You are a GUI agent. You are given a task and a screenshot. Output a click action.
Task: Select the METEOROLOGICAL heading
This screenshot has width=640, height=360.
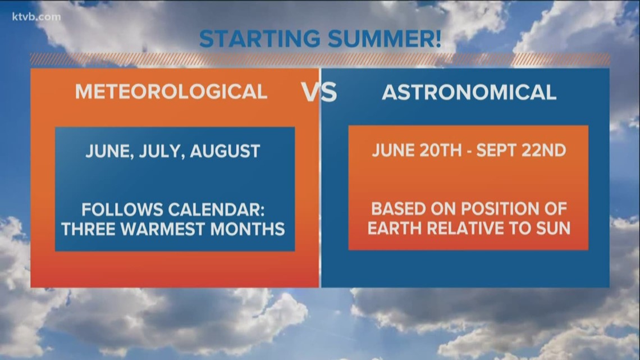(x=171, y=92)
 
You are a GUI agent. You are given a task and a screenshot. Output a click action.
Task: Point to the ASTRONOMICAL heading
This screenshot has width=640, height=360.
(x=469, y=92)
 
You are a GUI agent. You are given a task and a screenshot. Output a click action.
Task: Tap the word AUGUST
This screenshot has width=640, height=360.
(x=225, y=151)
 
